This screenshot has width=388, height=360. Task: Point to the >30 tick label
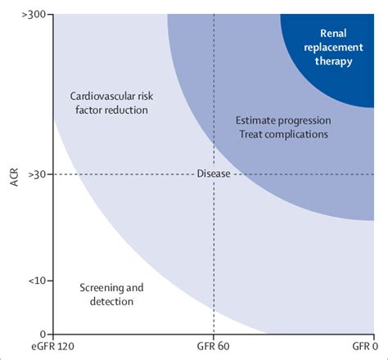(35, 173)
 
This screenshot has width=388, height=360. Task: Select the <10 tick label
(35, 281)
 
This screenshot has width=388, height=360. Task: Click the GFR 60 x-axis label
(214, 349)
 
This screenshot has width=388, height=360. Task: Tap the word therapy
(328, 61)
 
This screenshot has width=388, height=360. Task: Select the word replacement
(328, 47)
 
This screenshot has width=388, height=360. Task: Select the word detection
(111, 301)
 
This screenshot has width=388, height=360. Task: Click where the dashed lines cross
(214, 173)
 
